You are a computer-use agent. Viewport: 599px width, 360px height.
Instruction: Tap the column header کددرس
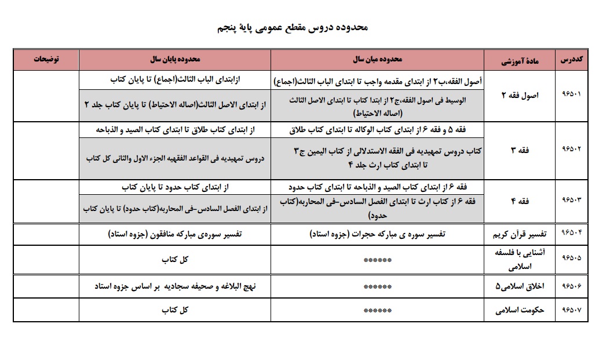pyautogui.click(x=572, y=60)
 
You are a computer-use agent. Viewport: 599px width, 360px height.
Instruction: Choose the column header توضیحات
pyautogui.click(x=46, y=60)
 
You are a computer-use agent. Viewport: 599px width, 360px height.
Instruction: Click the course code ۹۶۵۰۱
pyautogui.click(x=572, y=96)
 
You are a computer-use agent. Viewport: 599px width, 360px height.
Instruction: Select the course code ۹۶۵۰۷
pyautogui.click(x=572, y=310)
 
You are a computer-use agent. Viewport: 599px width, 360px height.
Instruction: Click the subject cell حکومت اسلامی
pyautogui.click(x=517, y=310)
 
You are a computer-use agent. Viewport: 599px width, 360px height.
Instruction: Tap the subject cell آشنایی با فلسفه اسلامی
pyautogui.click(x=517, y=260)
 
